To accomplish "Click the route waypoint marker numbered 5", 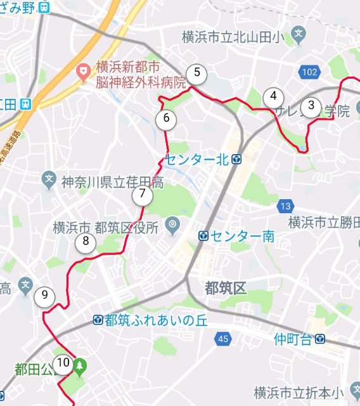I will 197,73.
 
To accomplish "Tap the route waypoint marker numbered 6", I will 166,118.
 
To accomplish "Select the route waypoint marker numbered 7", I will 143,195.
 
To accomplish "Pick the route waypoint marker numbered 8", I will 86,242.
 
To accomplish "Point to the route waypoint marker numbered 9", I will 44,296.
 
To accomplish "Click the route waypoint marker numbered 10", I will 62,363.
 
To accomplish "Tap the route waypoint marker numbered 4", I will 273,97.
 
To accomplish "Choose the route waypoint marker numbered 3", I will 311,106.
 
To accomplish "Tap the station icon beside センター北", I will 236,159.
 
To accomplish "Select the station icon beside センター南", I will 203,236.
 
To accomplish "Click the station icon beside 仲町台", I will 320,339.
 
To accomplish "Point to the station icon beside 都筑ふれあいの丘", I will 98,319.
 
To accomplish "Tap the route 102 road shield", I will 309,72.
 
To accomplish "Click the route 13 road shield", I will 285,206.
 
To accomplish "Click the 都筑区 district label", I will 225,289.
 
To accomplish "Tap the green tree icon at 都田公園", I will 80,365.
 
